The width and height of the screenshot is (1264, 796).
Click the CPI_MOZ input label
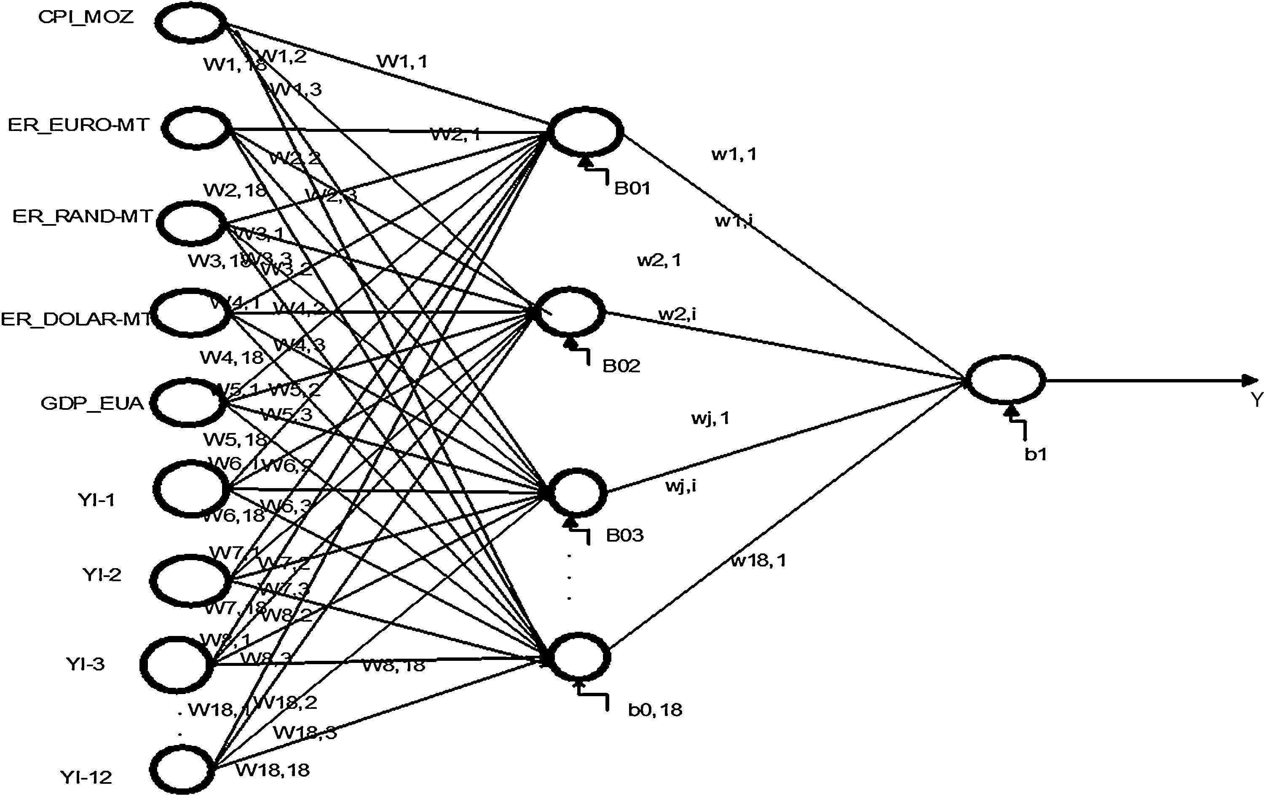86,17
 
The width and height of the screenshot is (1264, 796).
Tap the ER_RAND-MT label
83,216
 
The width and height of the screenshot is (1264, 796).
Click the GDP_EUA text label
92,403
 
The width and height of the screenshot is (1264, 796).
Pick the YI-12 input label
86,777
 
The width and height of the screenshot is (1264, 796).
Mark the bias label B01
632,188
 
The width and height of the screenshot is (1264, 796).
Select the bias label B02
621,366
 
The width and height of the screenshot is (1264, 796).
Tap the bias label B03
625,535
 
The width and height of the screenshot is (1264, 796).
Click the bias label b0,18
655,710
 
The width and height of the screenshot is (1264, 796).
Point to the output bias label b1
1036,454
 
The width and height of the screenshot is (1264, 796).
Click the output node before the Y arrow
1005,380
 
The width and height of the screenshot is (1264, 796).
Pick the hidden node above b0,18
578,657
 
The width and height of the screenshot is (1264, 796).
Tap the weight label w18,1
758,561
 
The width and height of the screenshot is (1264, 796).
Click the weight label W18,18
273,770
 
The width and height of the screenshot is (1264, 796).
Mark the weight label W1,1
402,61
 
